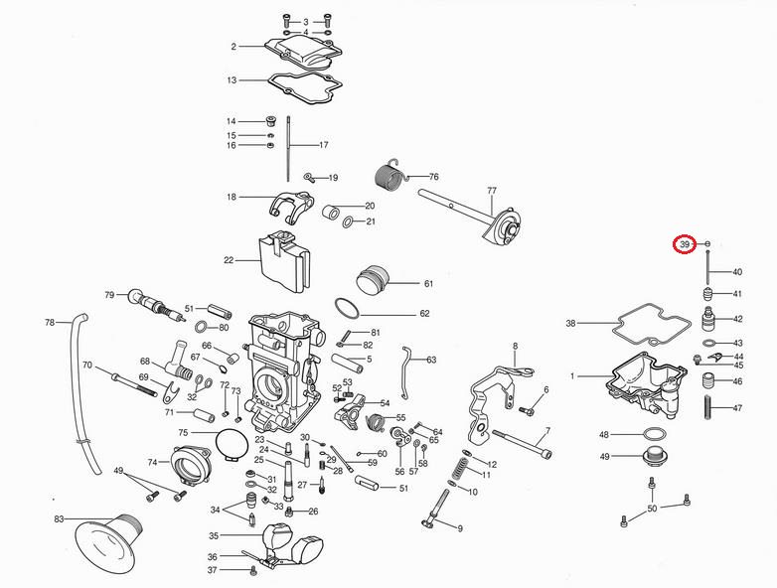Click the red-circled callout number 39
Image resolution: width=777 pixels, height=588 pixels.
[x=685, y=244]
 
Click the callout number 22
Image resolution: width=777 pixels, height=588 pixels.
[x=229, y=261]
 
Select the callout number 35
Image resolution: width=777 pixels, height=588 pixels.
[x=213, y=535]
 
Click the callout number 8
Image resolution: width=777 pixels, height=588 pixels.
[x=516, y=346]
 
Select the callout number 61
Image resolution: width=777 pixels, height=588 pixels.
[x=428, y=284]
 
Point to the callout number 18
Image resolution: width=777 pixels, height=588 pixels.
[x=232, y=198]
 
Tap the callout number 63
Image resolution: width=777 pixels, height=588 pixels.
[x=431, y=360]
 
